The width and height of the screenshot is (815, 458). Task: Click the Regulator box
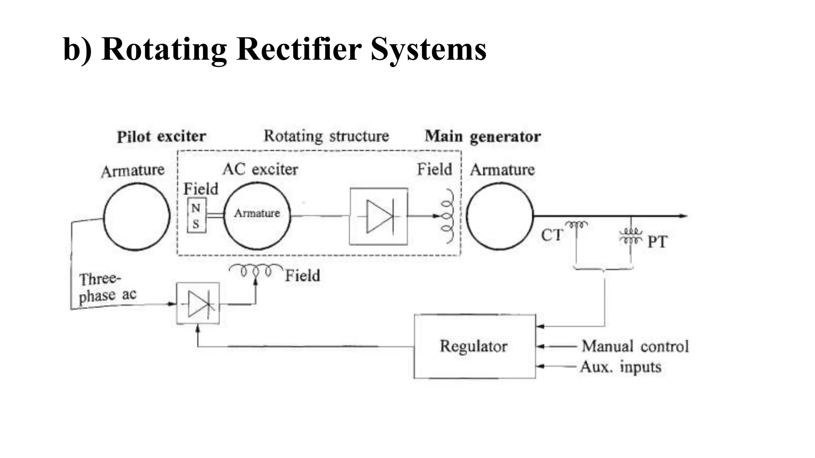(x=474, y=346)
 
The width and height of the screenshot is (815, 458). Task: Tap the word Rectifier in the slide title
(x=298, y=49)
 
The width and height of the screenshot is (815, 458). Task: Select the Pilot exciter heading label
(x=161, y=136)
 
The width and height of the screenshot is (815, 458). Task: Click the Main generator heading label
(x=483, y=136)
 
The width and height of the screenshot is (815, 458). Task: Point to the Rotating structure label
(x=326, y=136)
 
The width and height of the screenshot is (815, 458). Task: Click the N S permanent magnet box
(x=197, y=215)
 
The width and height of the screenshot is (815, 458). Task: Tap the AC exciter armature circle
(x=257, y=216)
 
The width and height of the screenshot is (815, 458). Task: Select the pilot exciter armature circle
(x=136, y=217)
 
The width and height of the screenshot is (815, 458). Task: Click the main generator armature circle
(x=499, y=216)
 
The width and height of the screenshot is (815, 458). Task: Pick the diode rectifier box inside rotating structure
(x=378, y=216)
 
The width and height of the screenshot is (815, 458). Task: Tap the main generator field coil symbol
(x=447, y=216)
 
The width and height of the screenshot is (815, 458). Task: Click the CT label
(x=552, y=235)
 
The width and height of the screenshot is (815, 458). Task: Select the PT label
(x=657, y=242)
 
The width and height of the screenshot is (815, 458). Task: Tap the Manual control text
(x=635, y=346)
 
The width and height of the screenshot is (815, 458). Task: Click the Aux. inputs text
(x=620, y=367)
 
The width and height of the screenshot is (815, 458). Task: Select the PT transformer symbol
(x=630, y=235)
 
